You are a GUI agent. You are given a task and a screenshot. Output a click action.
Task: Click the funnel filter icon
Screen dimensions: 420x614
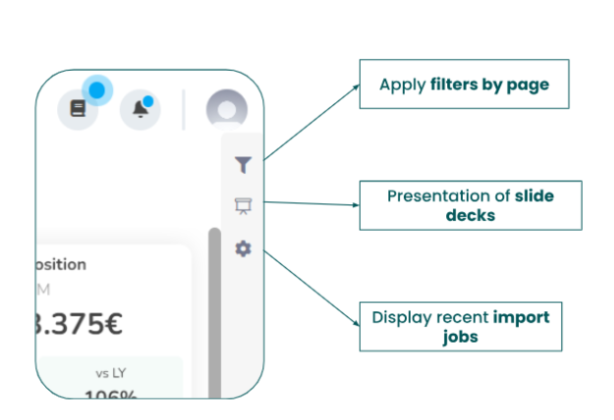click(x=243, y=165)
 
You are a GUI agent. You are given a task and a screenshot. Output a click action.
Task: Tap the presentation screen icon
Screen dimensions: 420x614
click(x=243, y=206)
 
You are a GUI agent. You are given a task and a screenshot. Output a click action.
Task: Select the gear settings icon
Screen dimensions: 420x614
click(x=243, y=249)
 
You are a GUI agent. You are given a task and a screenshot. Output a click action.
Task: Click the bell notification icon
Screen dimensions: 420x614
click(x=140, y=109)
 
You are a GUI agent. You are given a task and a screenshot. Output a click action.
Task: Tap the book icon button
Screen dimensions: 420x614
click(x=79, y=109)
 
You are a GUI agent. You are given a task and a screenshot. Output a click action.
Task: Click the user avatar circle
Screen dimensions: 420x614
click(x=226, y=109)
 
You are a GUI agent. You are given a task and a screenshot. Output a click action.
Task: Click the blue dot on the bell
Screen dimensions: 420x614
click(x=147, y=100)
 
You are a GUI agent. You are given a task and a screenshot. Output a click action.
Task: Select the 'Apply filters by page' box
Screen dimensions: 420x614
click(x=464, y=84)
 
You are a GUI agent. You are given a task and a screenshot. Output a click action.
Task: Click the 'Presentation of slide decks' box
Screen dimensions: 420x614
click(x=470, y=205)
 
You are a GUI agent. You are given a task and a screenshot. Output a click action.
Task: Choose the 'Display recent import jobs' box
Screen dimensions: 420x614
click(x=460, y=327)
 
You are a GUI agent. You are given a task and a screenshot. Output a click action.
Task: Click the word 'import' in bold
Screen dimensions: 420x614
click(x=521, y=318)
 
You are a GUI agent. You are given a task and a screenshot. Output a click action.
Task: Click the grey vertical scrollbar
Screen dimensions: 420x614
click(x=214, y=304)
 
